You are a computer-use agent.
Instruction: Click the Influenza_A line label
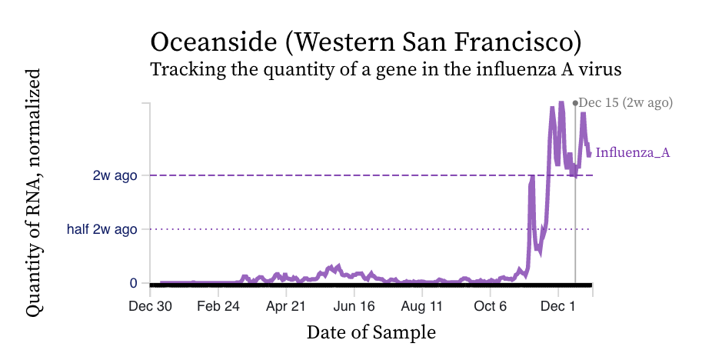633,153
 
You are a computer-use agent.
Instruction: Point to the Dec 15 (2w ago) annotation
626,102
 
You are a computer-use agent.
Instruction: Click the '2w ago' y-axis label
115,175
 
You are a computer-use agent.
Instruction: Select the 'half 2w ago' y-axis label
101,229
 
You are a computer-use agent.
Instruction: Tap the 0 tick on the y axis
134,283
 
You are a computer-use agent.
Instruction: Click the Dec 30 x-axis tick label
150,306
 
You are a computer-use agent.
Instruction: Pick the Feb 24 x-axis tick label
218,306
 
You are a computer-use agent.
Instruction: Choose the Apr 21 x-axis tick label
286,306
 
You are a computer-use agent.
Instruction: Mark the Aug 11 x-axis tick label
422,306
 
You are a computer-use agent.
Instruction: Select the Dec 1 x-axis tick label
559,306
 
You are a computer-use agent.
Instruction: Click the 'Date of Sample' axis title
371,333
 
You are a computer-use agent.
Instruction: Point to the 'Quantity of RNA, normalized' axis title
33,192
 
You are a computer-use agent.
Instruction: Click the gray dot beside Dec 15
575,102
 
